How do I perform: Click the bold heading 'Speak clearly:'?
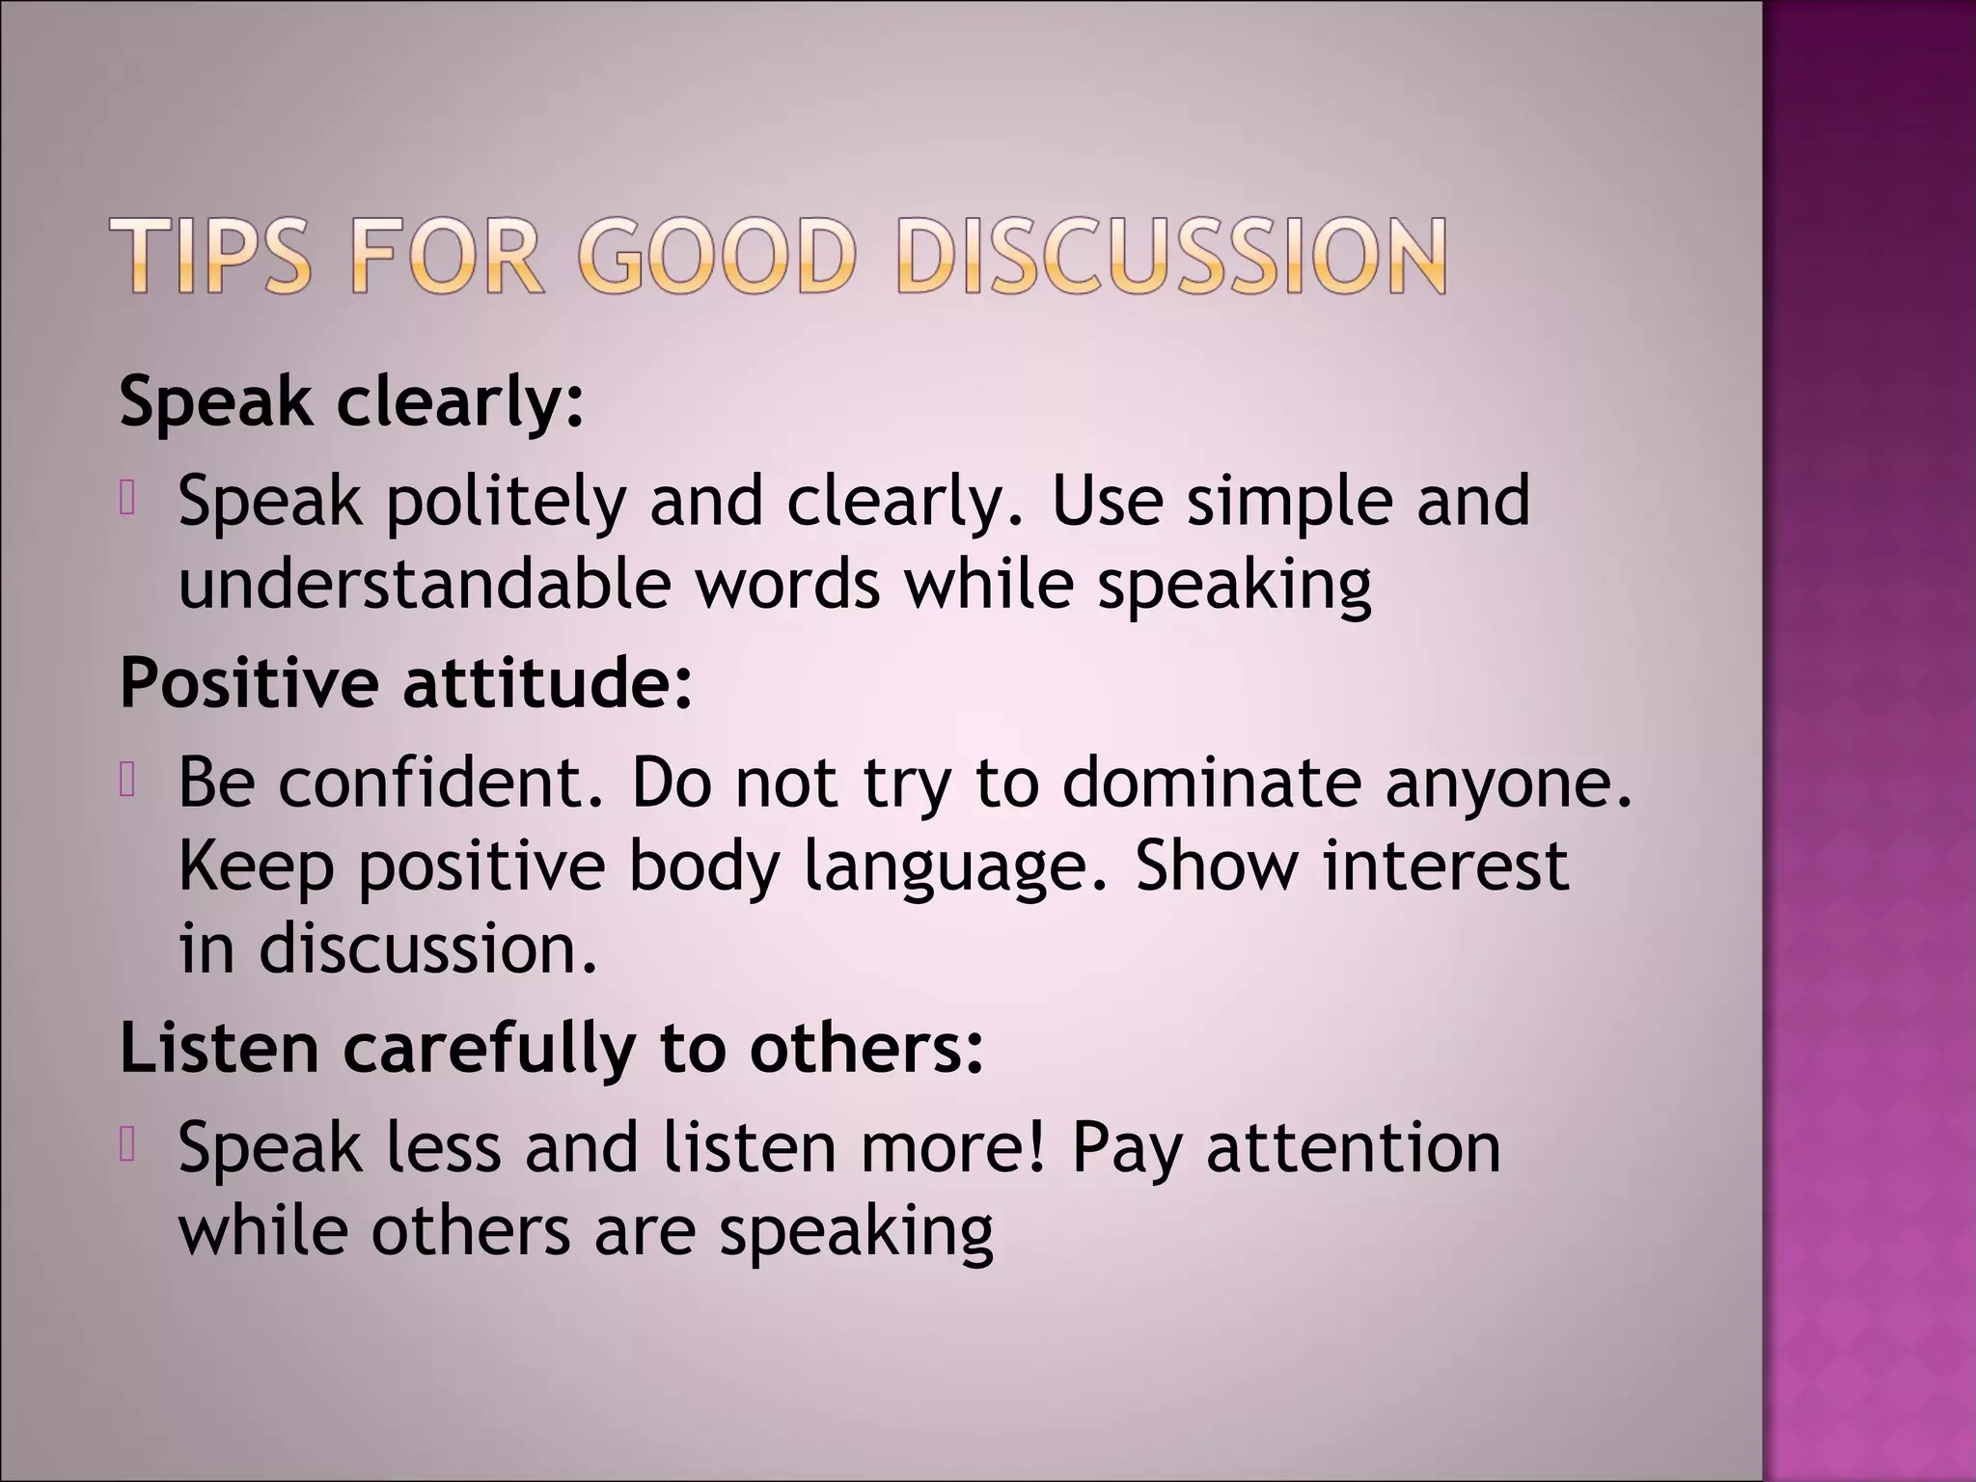tap(352, 401)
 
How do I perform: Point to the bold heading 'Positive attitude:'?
tap(406, 683)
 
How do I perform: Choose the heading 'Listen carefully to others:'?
tap(552, 1049)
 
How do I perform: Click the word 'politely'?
tap(506, 502)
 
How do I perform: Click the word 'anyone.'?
tap(1509, 783)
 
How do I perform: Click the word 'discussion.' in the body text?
tap(428, 949)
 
